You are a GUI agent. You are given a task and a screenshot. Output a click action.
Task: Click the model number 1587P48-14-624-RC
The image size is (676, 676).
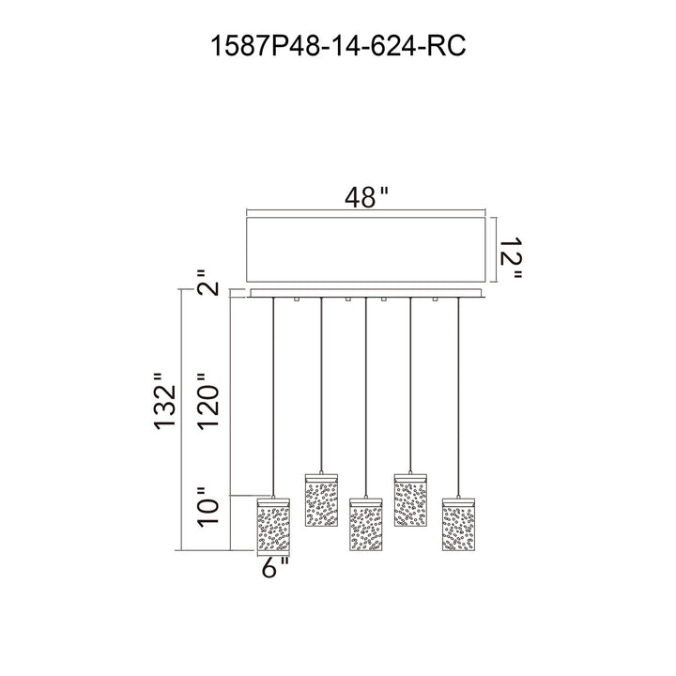pos(338,46)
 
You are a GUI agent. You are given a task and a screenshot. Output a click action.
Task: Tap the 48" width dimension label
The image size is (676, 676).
pos(366,198)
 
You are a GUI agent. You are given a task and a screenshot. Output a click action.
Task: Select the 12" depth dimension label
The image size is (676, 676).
pos(512,257)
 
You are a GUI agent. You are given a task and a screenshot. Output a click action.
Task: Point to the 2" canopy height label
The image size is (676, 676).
pos(208,284)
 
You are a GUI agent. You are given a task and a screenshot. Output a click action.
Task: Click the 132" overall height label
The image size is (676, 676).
pos(165,401)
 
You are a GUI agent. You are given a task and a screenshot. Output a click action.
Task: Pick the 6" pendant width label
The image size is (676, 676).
pos(275,567)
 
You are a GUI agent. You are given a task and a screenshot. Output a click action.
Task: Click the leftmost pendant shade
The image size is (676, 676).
pos(273,525)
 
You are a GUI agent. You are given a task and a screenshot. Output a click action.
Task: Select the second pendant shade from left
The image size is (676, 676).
pos(321,500)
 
